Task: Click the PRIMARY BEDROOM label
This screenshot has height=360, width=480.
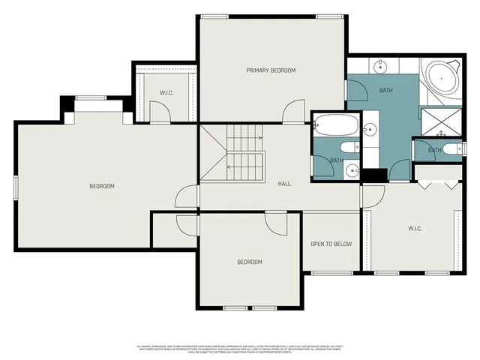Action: [x=271, y=70]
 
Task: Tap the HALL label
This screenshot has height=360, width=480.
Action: [x=284, y=184]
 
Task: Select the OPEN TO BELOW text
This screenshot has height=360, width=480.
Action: [x=331, y=244]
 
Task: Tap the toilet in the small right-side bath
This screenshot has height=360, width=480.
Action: [x=451, y=148]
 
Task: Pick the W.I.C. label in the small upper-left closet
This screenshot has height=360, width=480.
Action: [x=166, y=93]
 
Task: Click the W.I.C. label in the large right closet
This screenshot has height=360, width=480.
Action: [x=417, y=228]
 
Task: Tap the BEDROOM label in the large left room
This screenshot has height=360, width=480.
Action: [x=102, y=186]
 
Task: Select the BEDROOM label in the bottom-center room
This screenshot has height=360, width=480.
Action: [x=250, y=262]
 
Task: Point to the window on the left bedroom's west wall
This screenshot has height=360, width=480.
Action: [x=16, y=186]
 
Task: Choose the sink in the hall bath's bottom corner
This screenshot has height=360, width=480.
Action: [x=351, y=170]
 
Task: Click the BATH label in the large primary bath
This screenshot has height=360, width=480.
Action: [x=385, y=91]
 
